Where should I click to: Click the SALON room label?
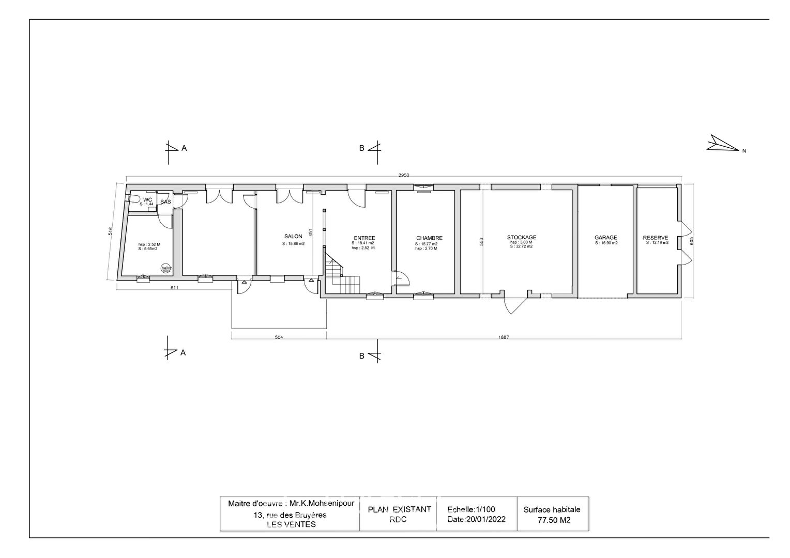[293, 237]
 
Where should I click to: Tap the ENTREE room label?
[364, 238]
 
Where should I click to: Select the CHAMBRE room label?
[429, 238]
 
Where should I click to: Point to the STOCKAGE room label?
[521, 238]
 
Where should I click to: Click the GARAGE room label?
[605, 238]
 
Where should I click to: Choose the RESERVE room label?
[655, 238]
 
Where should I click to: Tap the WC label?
[147, 200]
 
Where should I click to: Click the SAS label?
[165, 202]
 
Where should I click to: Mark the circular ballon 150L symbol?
[166, 268]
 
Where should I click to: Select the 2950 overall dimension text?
[403, 176]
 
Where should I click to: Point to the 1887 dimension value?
[504, 337]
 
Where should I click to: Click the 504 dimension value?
[279, 337]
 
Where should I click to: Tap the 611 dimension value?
[174, 288]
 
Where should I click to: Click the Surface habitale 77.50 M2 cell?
[552, 515]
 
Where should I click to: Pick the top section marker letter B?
[362, 148]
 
